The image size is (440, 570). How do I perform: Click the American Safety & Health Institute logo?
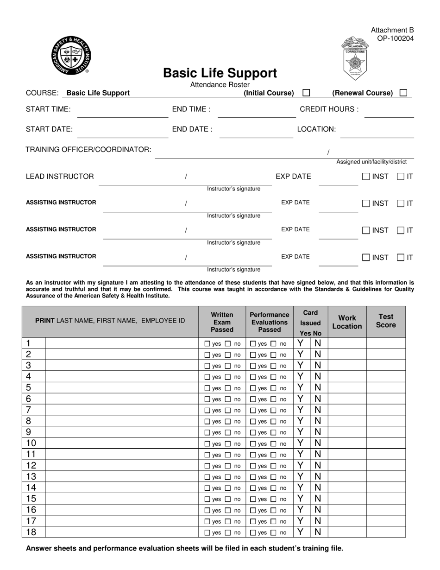coord(71,55)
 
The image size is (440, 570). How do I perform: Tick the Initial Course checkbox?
coord(306,93)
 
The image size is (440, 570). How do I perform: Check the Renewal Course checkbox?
coord(403,93)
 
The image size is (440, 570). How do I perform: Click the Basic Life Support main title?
coord(220,73)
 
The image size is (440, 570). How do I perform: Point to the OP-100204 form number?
coord(395,38)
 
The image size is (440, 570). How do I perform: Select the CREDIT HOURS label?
coord(329,109)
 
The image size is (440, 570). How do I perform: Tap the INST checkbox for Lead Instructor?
coord(366,177)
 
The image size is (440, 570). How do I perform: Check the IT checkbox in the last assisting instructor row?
coord(401,257)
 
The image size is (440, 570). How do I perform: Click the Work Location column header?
coord(347,322)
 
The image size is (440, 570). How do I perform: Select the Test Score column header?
coord(386,321)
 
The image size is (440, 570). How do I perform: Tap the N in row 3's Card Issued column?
coord(318,366)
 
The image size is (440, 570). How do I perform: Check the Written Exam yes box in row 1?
coord(207,344)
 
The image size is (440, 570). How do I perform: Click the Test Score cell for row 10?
coord(386,443)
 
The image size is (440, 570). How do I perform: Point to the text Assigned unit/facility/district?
coord(371,162)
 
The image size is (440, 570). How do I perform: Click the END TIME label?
coord(191,109)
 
